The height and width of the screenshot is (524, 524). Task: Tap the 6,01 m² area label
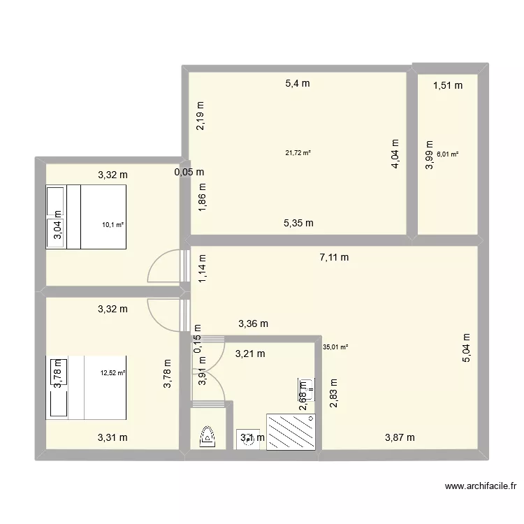pos(447,155)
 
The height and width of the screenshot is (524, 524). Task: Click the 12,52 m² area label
pos(112,373)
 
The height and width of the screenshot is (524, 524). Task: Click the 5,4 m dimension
pos(297,84)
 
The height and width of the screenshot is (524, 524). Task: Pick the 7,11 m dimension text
pos(334,257)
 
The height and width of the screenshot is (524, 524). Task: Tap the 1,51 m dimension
pos(448,86)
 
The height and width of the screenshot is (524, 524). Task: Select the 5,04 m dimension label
pos(467,347)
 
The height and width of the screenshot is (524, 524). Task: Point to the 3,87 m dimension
pos(400,438)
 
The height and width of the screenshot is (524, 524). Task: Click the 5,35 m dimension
pos(298,224)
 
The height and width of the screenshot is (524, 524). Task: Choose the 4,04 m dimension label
pos(395,153)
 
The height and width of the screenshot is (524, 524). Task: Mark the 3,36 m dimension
pos(253,323)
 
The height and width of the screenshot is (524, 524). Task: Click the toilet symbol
pos(208,436)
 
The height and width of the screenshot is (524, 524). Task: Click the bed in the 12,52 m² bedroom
pos(86,388)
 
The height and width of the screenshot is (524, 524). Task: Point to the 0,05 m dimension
pos(189,172)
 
